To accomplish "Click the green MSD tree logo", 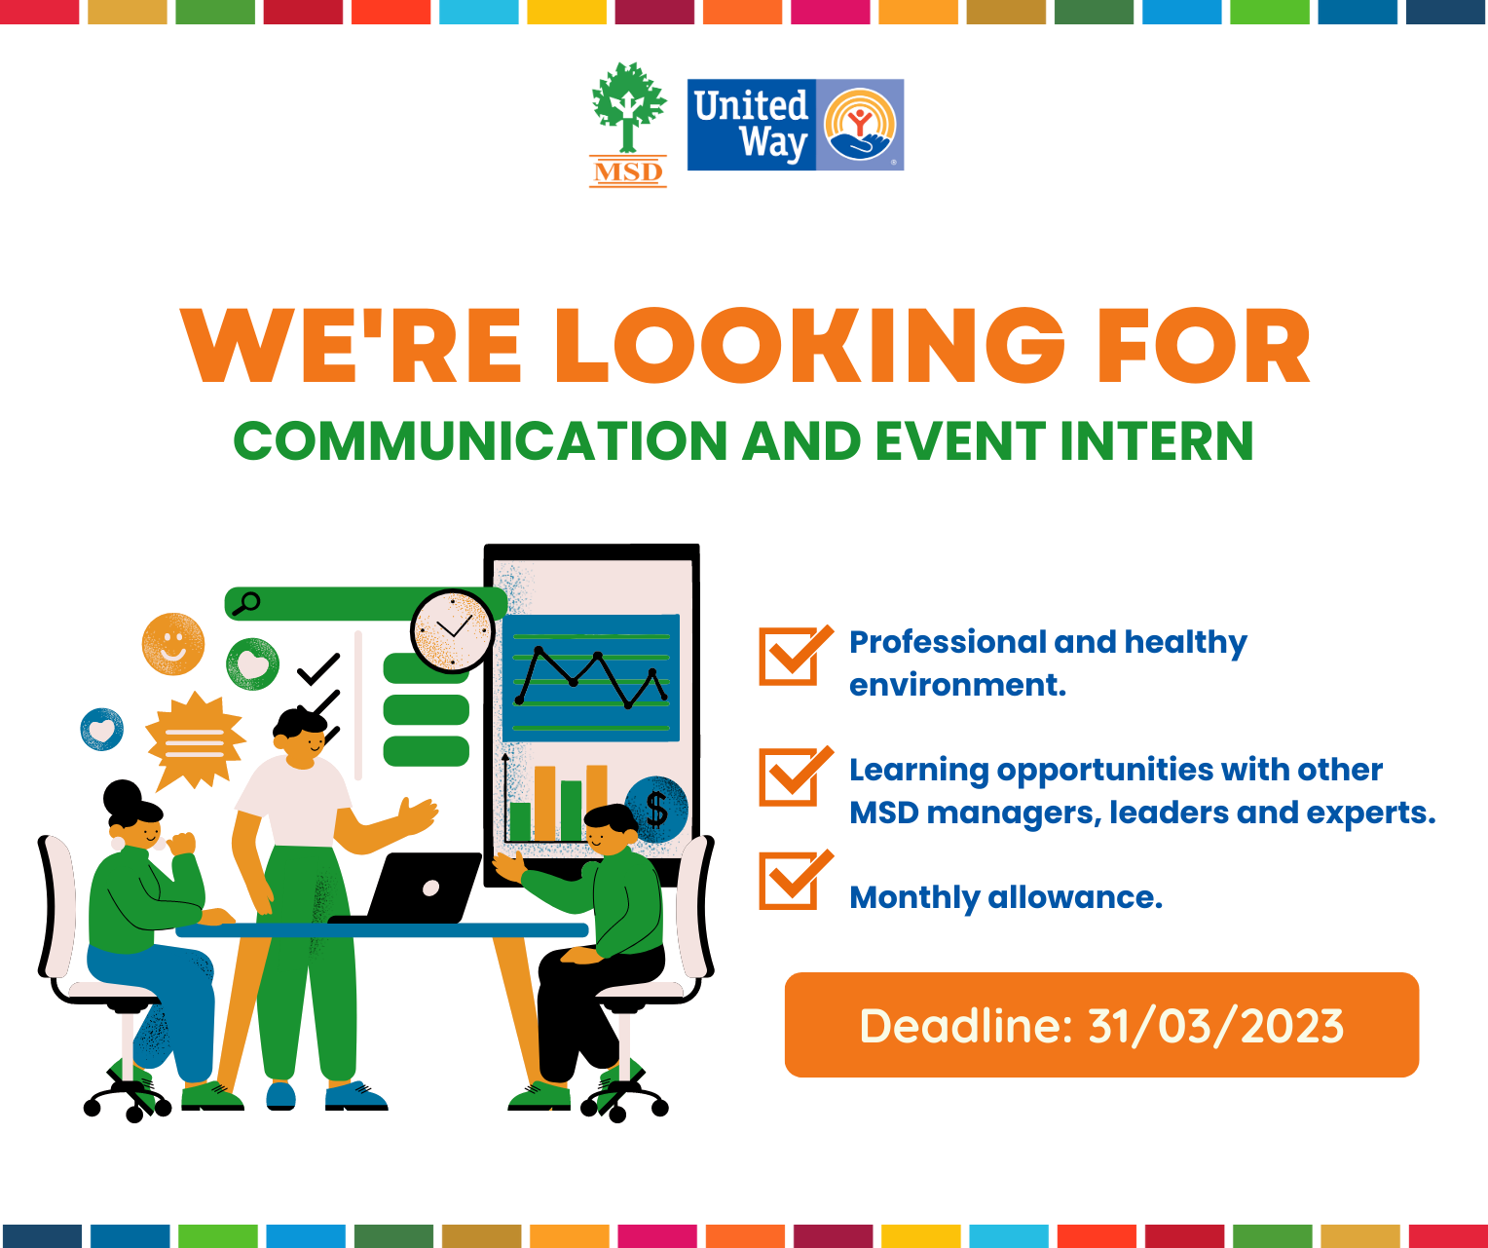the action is tap(628, 125).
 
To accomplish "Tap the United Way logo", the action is tap(796, 125).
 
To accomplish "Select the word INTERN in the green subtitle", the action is tap(1156, 441).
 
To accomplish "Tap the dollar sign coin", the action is tap(656, 809).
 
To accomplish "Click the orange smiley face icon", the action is tap(173, 644).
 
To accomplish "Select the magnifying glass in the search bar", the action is tap(246, 603).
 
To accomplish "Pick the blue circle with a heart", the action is tap(102, 730).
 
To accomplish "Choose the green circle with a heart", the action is tap(252, 663).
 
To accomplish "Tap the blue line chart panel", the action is tap(591, 678).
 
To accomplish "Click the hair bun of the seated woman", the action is tap(123, 797).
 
